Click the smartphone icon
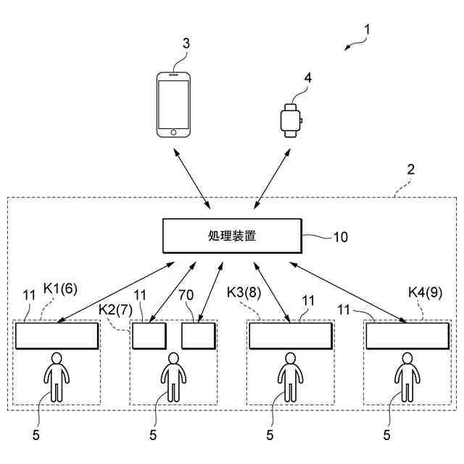click(x=173, y=104)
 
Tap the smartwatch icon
click(x=291, y=120)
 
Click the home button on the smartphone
click(x=173, y=132)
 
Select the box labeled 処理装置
click(x=232, y=236)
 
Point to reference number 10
click(x=341, y=237)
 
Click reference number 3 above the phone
click(x=186, y=43)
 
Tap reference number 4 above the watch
click(x=308, y=78)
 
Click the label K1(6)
click(x=60, y=289)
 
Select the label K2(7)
click(x=116, y=310)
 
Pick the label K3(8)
click(x=244, y=293)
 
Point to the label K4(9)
click(x=426, y=292)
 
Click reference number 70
click(x=186, y=295)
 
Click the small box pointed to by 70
click(x=198, y=336)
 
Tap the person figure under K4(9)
click(x=407, y=377)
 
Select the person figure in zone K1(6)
click(x=57, y=377)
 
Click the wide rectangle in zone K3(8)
click(x=291, y=336)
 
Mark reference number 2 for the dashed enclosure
click(x=411, y=170)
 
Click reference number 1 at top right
click(x=368, y=30)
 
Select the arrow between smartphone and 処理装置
click(x=191, y=178)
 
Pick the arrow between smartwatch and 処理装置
click(x=272, y=178)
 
